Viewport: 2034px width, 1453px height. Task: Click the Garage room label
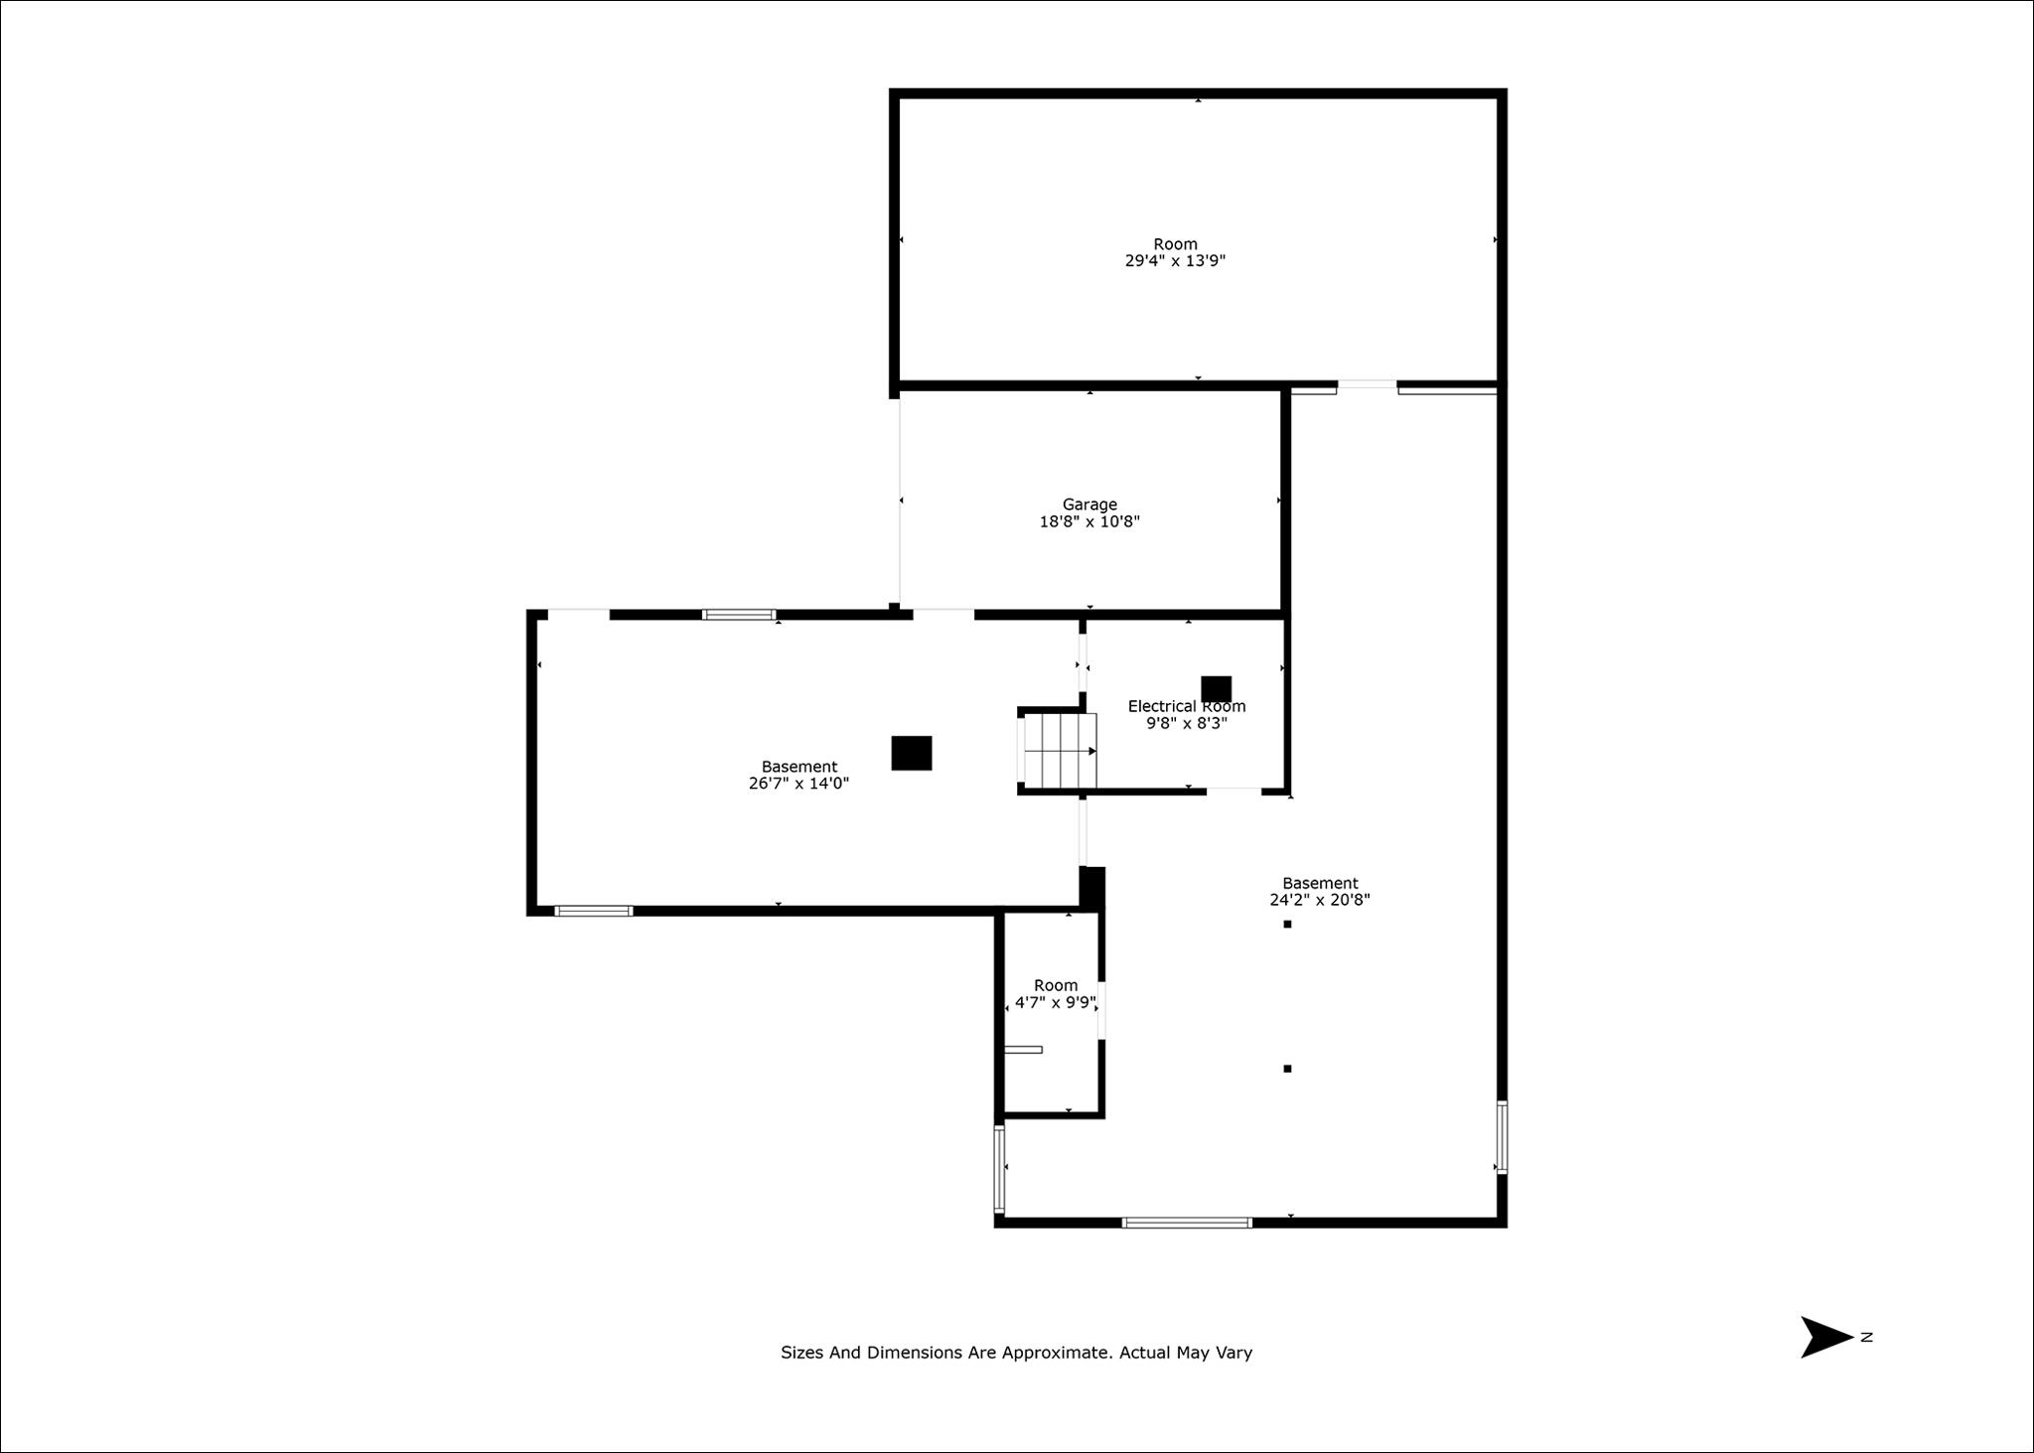coord(1090,505)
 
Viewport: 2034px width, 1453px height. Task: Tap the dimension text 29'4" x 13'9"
coord(1175,261)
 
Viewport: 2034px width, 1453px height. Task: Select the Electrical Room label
coord(1187,706)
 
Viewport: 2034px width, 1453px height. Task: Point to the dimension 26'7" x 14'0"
coord(799,784)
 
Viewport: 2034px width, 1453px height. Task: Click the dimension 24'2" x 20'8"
coord(1320,900)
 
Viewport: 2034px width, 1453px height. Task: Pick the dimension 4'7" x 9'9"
coord(1055,1003)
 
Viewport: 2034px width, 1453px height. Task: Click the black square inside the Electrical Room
coord(1217,689)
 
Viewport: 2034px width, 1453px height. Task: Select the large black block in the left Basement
coord(912,753)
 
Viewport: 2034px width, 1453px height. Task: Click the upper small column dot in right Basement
coord(1287,924)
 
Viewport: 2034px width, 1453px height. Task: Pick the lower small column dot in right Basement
coord(1287,1069)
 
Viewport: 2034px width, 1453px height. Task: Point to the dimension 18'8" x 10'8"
coord(1090,521)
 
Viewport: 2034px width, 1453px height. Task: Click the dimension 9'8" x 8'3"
coord(1187,723)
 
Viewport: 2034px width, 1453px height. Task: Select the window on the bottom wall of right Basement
coord(1187,1223)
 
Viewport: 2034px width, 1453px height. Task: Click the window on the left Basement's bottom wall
coord(594,911)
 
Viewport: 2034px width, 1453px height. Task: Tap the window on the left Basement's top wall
coord(739,615)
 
